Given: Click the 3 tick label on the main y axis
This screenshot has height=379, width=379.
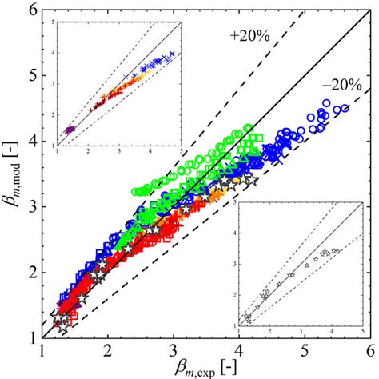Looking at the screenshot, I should pos(30,207).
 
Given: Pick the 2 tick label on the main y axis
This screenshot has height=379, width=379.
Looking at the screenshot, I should pos(30,272).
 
